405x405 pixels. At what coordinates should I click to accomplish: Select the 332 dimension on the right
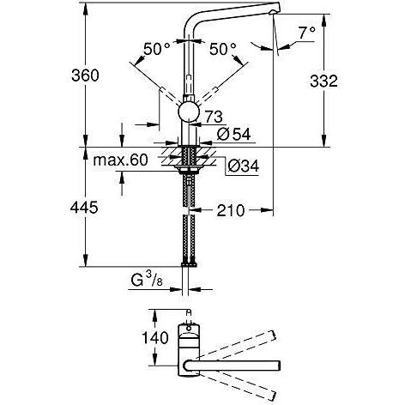[345, 80]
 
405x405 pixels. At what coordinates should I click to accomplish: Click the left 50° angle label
[157, 51]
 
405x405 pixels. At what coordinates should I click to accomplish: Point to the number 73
[214, 115]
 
